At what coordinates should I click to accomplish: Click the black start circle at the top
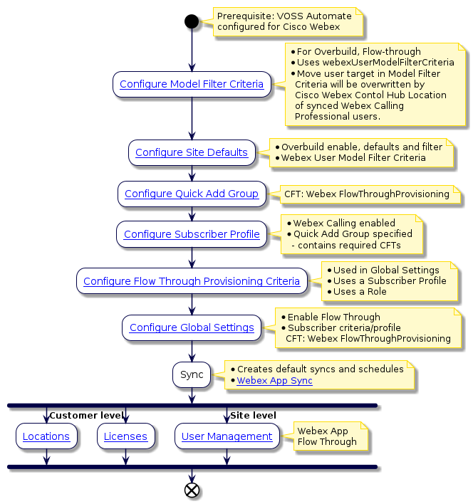point(191,21)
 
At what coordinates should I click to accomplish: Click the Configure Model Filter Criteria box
point(192,84)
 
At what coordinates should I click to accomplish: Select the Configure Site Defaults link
point(192,152)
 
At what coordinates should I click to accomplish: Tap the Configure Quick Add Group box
point(192,194)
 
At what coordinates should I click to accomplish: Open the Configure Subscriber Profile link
point(192,234)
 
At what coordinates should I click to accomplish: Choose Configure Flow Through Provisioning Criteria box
point(192,281)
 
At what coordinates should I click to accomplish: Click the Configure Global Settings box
point(192,327)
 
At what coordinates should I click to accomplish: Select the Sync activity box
point(192,374)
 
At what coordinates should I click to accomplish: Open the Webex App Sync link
point(274,381)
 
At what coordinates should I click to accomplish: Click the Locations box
point(46,436)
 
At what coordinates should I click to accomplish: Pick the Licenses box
point(125,436)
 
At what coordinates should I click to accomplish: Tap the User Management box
point(227,436)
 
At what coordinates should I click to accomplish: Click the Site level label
point(253,415)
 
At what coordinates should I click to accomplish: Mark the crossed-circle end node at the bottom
point(192,490)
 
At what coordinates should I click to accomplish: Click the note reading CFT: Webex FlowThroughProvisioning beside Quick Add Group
point(366,194)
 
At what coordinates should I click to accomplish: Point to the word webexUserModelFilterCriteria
point(375,63)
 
